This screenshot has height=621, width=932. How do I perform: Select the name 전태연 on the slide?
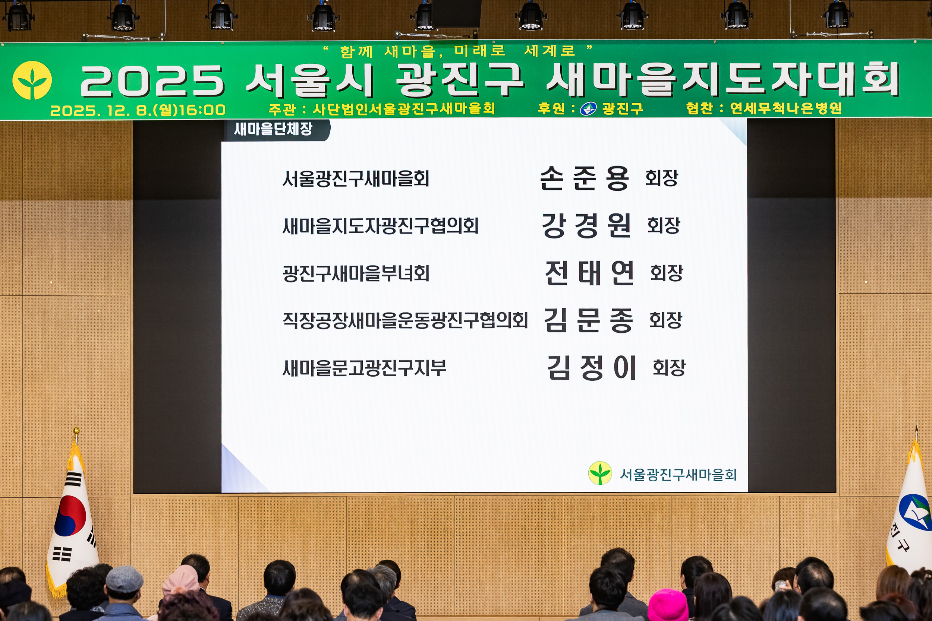tap(589, 273)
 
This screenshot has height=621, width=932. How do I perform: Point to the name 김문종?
tap(588, 320)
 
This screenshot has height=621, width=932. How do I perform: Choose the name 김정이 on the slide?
tap(591, 368)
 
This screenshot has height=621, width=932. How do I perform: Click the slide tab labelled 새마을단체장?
tap(273, 129)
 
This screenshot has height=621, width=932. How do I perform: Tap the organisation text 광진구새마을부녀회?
tap(355, 274)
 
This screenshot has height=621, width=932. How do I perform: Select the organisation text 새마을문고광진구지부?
tap(364, 368)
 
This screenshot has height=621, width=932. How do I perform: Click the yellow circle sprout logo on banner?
tap(32, 80)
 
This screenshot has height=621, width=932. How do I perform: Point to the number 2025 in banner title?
tap(152, 81)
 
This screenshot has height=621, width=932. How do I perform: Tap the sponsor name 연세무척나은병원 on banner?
tap(786, 108)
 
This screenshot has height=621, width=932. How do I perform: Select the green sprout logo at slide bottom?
tap(600, 473)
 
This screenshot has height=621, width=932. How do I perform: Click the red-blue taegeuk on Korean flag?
tap(70, 516)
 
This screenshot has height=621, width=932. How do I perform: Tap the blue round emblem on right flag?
tap(915, 513)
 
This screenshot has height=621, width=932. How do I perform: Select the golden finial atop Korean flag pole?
tap(76, 431)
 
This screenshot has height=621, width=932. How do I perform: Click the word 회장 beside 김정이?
tap(669, 368)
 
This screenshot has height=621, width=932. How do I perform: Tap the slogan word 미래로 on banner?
tap(480, 51)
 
